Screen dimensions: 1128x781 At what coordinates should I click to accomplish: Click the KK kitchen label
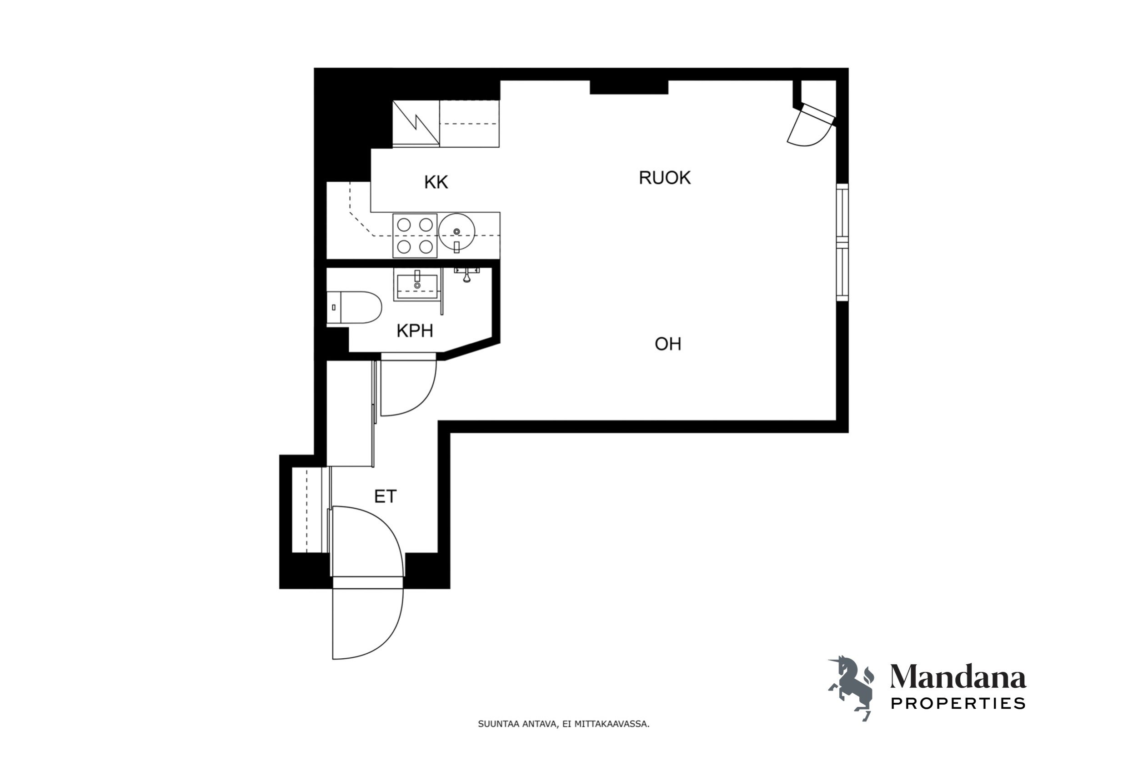coord(436,182)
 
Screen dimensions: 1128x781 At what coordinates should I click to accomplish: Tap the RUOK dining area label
coord(665,178)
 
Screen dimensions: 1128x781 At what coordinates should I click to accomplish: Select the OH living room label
coord(667,344)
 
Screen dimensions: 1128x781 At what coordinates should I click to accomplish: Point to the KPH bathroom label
coord(415,331)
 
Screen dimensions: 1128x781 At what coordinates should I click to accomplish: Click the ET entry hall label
coord(385,497)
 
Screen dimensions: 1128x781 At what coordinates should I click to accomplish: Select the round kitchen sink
coord(456,231)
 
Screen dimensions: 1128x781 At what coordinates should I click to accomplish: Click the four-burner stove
coord(415,235)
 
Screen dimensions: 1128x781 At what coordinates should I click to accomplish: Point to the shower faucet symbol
coord(467,275)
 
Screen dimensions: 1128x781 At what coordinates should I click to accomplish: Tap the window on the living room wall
coord(842,242)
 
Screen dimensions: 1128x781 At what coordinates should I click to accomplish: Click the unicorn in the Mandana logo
coord(852,687)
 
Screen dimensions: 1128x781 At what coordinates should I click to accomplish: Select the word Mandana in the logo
coord(958,677)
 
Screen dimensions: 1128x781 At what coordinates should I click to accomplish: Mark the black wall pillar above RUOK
coord(629,87)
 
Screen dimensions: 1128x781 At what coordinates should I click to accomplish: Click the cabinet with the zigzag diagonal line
coord(416,123)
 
